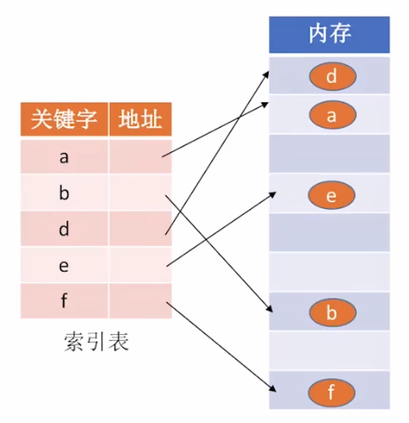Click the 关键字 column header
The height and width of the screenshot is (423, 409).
tap(65, 120)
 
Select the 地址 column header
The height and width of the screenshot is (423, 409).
tap(140, 120)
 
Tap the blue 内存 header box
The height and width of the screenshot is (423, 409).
tap(330, 33)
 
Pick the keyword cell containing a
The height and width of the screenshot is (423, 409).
tap(65, 157)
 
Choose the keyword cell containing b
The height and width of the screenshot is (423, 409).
tap(65, 193)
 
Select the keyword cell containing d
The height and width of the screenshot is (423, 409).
tap(65, 229)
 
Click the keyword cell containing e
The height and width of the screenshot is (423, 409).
tap(65, 265)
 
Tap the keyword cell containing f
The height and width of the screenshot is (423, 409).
tap(65, 300)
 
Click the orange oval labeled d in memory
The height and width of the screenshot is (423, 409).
tap(331, 78)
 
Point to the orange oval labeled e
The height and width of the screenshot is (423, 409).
tap(331, 197)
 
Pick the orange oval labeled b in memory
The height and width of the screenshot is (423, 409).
tap(331, 314)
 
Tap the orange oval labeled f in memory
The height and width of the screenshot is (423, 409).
tap(331, 393)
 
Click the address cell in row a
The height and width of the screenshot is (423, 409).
tap(140, 157)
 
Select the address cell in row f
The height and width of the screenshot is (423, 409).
tap(140, 300)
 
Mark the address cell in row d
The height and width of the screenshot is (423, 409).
tap(140, 229)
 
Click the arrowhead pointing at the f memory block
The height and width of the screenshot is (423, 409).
tap(275, 389)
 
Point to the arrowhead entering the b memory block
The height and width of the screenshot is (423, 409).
tap(274, 310)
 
